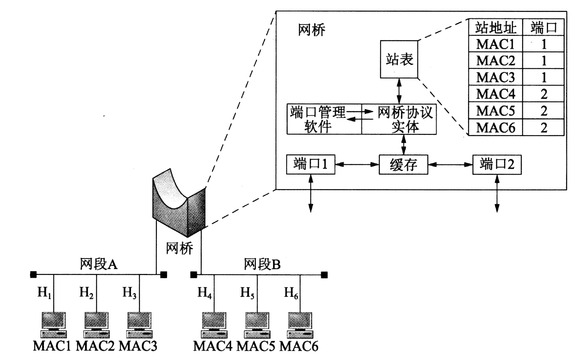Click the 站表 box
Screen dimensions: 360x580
coord(399,59)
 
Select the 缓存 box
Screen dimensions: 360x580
coord(403,165)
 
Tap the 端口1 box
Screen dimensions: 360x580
coord(310,164)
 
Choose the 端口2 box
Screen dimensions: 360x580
coord(497,164)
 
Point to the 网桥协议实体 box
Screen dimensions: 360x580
coord(399,119)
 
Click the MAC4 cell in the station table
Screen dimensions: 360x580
coord(495,94)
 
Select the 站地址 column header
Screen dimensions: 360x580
coord(495,27)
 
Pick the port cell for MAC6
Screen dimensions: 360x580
coord(544,128)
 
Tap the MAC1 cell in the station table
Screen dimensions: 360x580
coord(495,44)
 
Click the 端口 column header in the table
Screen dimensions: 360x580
coord(544,27)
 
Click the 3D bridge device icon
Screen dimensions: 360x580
coord(179,203)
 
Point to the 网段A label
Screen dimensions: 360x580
coord(98,264)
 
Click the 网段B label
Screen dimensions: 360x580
coord(262,264)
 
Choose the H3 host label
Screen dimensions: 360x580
coord(129,292)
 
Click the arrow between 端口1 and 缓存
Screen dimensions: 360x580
coord(356,164)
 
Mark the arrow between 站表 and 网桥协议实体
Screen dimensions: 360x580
coord(399,91)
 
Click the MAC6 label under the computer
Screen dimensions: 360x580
coord(299,346)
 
